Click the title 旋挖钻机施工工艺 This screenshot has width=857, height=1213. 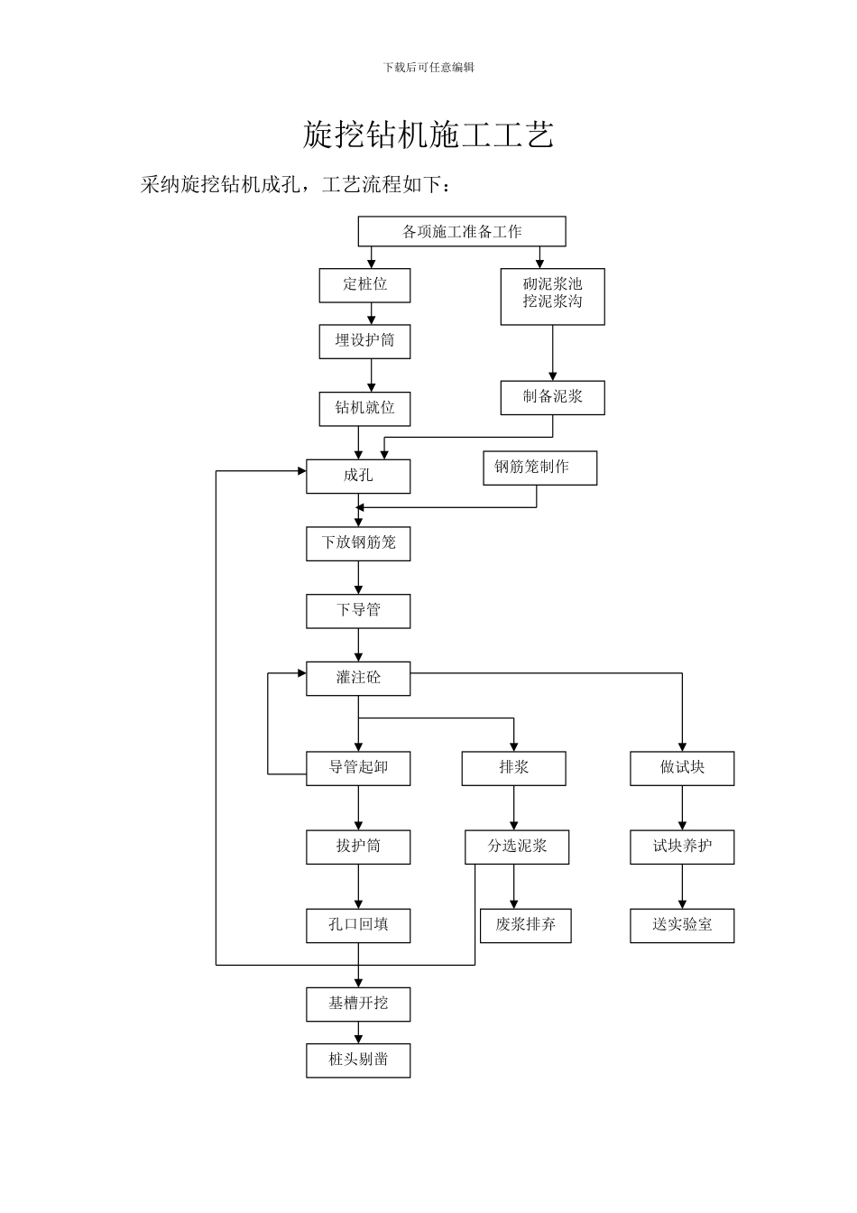428,134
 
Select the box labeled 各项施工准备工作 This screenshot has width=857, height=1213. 462,232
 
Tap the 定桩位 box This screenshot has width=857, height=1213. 364,285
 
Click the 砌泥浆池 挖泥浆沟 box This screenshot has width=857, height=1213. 552,295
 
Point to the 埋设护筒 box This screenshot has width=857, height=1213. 364,341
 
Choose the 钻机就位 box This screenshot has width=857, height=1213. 364,409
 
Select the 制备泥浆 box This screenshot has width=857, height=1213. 552,397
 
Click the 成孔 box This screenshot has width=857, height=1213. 358,477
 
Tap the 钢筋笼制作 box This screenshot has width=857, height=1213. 539,468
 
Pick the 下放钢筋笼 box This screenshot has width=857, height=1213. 358,543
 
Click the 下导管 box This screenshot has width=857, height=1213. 358,611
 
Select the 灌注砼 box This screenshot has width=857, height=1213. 358,679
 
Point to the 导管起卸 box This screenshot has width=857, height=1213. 358,768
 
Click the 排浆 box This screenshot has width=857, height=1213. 513,768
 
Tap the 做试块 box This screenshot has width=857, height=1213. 682,768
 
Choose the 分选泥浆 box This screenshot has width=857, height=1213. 517,847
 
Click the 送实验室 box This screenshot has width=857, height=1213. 682,925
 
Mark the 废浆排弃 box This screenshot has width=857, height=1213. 525,925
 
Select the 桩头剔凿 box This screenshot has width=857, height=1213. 358,1060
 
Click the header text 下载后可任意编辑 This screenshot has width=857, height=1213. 428,67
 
